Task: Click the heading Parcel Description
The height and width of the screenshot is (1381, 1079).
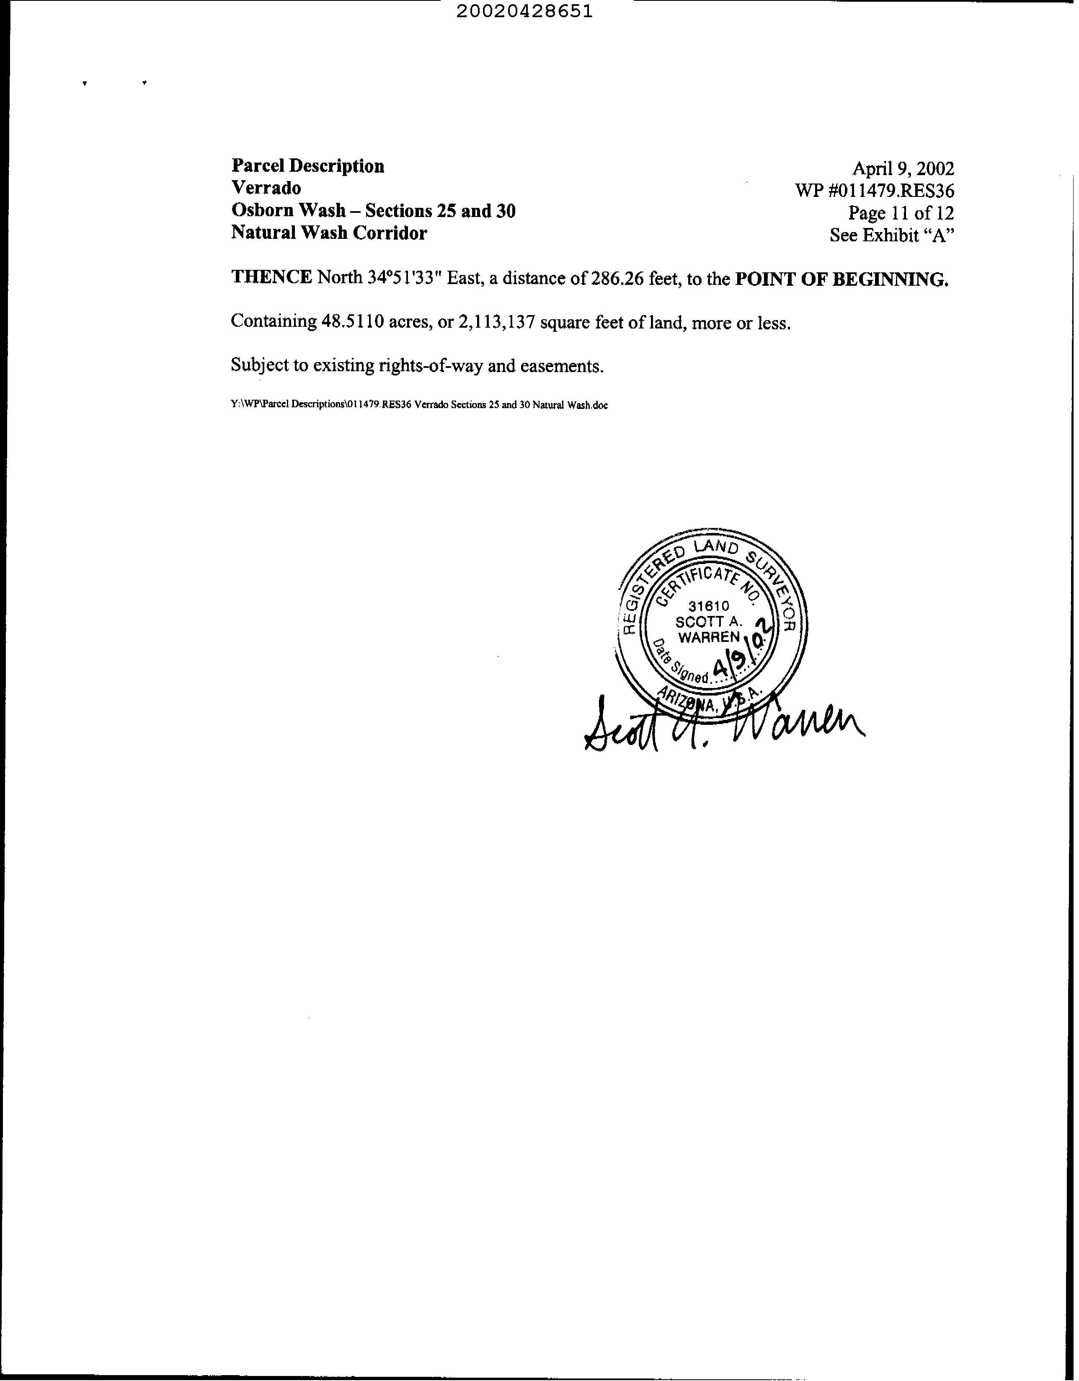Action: point(308,166)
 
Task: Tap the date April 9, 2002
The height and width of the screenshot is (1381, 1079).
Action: point(903,169)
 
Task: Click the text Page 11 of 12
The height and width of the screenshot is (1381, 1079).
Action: point(901,213)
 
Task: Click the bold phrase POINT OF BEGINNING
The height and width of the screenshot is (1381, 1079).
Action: point(842,279)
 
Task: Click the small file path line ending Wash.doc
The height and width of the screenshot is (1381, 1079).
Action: point(419,405)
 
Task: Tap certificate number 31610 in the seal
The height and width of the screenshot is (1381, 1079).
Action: point(709,606)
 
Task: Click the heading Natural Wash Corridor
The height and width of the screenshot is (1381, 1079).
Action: point(329,233)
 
